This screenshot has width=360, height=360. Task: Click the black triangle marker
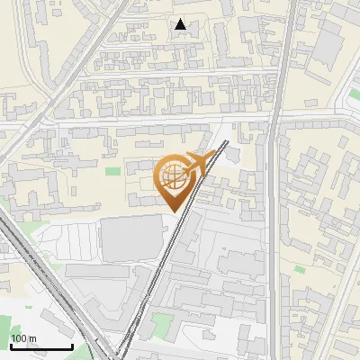click(x=182, y=25)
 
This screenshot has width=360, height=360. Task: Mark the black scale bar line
click(x=40, y=346)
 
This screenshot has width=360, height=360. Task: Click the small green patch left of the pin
click(x=112, y=171)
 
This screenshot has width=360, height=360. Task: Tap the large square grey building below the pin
click(x=132, y=238)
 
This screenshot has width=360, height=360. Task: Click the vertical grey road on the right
click(x=274, y=225)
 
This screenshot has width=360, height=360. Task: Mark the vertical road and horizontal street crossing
click(x=274, y=117)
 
